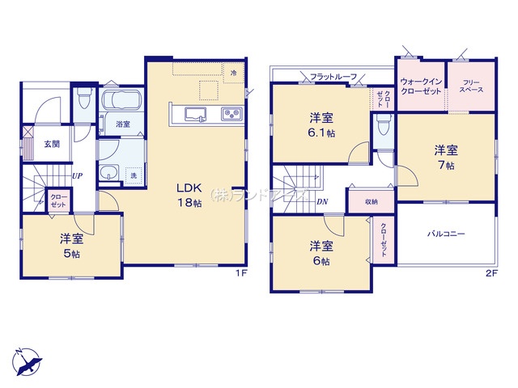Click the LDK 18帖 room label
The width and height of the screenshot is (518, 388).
click(189, 195)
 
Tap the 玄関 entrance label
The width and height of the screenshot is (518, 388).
click(52, 144)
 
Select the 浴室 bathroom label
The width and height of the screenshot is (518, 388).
click(123, 124)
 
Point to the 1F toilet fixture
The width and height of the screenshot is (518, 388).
click(84, 98)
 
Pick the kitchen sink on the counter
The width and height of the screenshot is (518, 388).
click(195, 114)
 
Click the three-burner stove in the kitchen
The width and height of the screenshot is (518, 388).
click(232, 114)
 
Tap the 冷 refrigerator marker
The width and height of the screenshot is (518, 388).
click(234, 73)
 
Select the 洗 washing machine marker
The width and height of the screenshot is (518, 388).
click(134, 175)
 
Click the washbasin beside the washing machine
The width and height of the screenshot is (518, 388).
click(109, 172)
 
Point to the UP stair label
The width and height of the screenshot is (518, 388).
click(78, 176)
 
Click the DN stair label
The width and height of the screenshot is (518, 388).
click(322, 201)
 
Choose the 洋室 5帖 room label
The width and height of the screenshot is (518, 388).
click(71, 246)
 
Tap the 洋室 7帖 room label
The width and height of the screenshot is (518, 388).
click(446, 158)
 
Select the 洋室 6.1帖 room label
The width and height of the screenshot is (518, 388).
click(321, 125)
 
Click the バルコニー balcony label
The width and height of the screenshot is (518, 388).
click(446, 234)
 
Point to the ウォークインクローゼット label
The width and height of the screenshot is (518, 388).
click(421, 86)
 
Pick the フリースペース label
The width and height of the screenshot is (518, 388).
click(471, 86)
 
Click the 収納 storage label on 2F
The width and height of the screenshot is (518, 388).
click(372, 201)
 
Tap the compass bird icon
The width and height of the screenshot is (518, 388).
click(27, 361)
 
